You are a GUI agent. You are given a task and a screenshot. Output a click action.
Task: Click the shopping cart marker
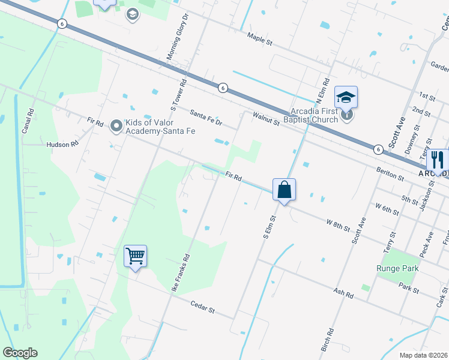click(x=136, y=256)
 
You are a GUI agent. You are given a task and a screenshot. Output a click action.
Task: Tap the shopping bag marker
click(x=285, y=190)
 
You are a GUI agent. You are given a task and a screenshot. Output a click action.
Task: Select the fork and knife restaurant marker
click(x=438, y=160)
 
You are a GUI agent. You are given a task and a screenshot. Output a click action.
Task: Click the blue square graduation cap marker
click(x=346, y=97)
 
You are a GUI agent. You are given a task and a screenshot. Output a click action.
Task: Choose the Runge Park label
click(x=397, y=268)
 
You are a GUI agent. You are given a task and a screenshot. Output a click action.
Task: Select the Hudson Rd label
click(x=63, y=145)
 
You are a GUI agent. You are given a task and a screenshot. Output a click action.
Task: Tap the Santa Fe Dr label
click(x=206, y=117)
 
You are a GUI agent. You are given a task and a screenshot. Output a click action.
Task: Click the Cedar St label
click(x=202, y=309)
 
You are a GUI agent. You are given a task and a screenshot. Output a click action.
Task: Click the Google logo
click(x=20, y=353)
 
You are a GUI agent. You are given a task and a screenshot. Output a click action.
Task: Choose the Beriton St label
click(x=390, y=174)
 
